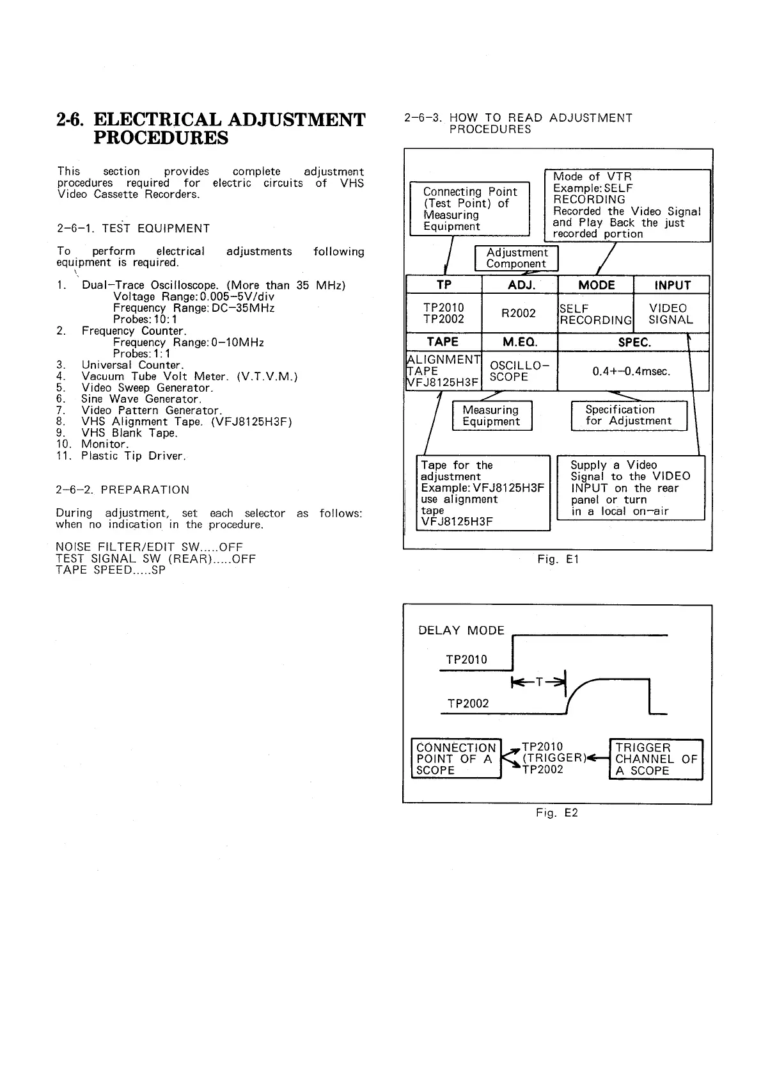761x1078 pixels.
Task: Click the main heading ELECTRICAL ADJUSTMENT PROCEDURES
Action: [x=211, y=129]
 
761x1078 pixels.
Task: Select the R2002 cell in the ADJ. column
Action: [x=519, y=313]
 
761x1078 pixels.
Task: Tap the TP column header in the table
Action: [x=444, y=285]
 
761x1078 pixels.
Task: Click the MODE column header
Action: [x=596, y=285]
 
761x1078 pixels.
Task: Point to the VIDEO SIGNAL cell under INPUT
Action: [x=670, y=314]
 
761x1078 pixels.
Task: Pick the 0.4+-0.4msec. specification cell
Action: [x=631, y=371]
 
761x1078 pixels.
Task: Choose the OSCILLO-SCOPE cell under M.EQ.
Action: [x=518, y=371]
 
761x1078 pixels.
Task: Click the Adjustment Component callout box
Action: [x=516, y=258]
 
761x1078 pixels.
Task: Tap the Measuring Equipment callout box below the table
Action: [x=491, y=415]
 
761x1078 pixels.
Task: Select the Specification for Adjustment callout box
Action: [x=628, y=415]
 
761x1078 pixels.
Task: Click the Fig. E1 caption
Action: [x=558, y=559]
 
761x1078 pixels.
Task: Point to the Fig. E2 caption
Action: [x=556, y=813]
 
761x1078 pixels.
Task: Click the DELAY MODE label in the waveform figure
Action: [x=461, y=631]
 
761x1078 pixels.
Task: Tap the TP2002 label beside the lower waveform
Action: [x=467, y=704]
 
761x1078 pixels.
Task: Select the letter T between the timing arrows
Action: [x=539, y=682]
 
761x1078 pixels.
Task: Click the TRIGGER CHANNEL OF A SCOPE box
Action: [x=655, y=759]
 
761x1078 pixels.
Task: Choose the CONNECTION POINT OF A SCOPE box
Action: [x=455, y=759]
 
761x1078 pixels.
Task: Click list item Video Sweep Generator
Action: [x=147, y=388]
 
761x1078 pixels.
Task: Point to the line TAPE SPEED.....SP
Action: [x=111, y=570]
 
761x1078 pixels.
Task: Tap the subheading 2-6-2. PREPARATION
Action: [x=123, y=490]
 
